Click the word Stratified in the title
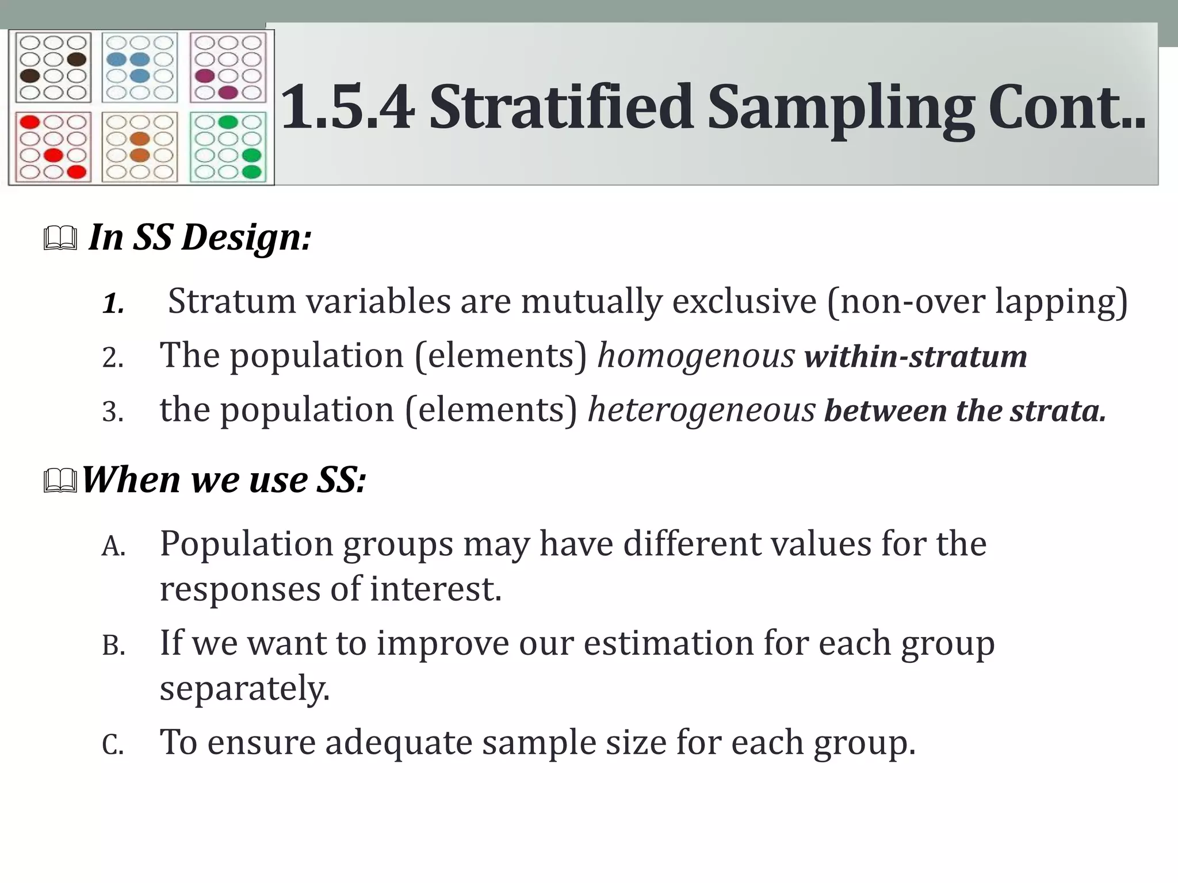[561, 108]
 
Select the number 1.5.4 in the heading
[348, 108]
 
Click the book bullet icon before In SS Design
[60, 239]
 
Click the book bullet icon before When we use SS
[60, 481]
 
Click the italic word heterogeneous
[701, 410]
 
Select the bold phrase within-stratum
[916, 356]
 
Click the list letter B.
[113, 646]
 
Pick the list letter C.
[113, 746]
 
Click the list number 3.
[113, 412]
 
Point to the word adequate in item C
[398, 742]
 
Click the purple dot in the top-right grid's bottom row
[228, 92]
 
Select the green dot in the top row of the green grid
[228, 122]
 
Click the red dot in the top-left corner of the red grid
[29, 122]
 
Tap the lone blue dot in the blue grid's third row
[140, 75]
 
